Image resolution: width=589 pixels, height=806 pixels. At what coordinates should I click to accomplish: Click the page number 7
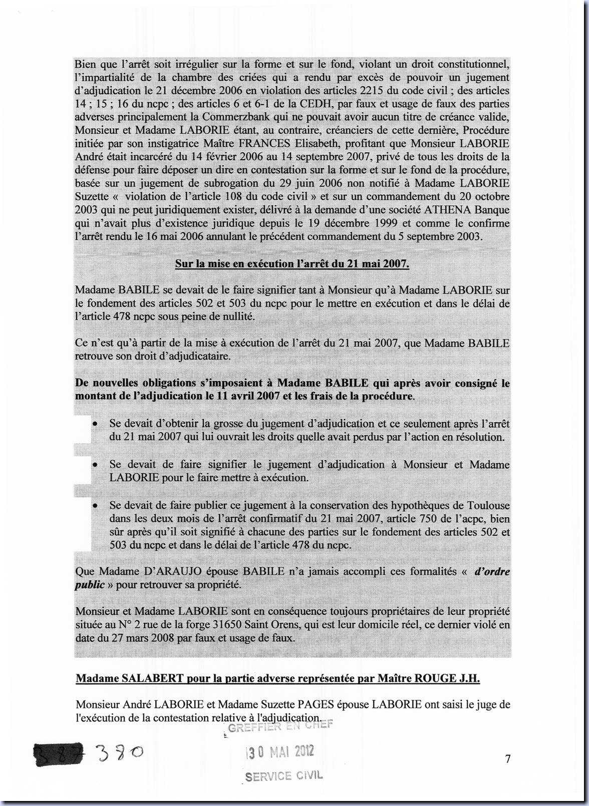coord(507,759)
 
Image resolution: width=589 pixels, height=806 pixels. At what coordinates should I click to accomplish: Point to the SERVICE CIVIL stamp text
coord(284,776)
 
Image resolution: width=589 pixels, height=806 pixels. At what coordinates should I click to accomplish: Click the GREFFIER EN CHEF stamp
coord(280,726)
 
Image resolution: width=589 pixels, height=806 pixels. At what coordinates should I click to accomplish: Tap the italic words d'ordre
coord(492,571)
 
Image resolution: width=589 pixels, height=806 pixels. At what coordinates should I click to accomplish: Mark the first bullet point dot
coord(94,424)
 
